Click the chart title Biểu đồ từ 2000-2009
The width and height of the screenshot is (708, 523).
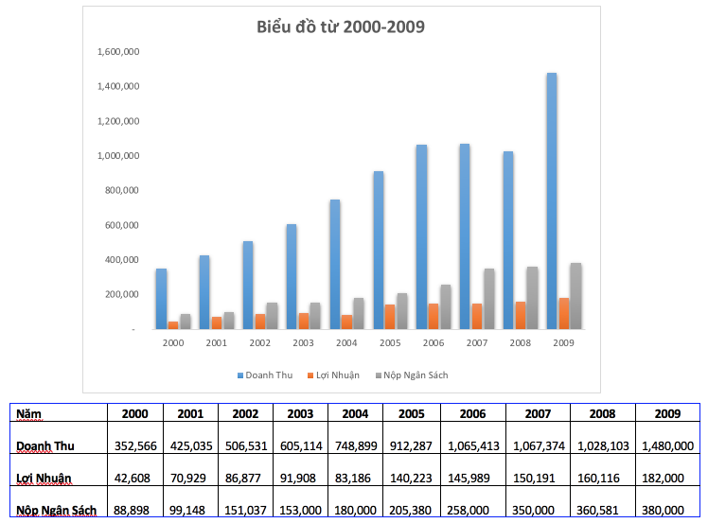click(x=341, y=26)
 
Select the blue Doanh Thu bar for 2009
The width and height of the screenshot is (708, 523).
click(x=552, y=200)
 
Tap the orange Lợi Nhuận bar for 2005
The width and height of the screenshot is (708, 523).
click(x=390, y=317)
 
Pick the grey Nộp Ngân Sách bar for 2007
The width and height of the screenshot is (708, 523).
click(x=489, y=299)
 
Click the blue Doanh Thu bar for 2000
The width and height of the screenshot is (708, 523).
click(x=162, y=299)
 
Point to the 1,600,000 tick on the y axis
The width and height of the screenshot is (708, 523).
click(x=118, y=52)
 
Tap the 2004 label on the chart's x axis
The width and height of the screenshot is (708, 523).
click(x=346, y=342)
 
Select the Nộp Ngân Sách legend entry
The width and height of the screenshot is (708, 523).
click(x=410, y=375)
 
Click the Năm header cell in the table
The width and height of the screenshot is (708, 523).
click(x=28, y=413)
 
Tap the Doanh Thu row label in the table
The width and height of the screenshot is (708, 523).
click(x=45, y=445)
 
